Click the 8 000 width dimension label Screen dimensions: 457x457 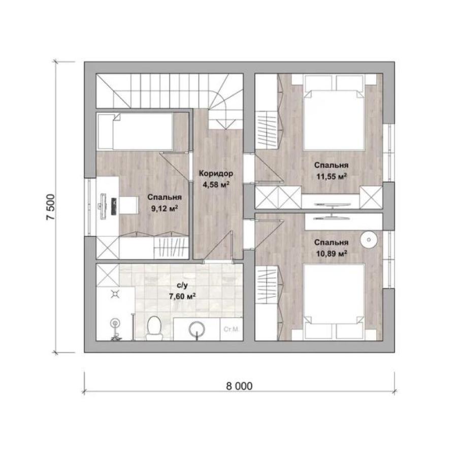[x=239, y=386]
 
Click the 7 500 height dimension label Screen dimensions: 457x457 [x=50, y=207]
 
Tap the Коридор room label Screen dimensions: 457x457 [x=216, y=174]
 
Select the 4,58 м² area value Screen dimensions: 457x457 [x=216, y=185]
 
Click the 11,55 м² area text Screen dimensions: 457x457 [x=332, y=176]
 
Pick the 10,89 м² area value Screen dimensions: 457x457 [x=332, y=253]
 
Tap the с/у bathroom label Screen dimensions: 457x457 [x=182, y=285]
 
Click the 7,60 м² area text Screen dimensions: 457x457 [x=182, y=297]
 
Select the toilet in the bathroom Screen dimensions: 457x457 [x=154, y=329]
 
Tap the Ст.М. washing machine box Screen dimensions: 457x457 [x=232, y=330]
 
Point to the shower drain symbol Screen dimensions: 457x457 [x=115, y=294]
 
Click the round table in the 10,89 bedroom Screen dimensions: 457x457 [x=369, y=240]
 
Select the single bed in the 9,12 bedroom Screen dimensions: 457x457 [x=135, y=132]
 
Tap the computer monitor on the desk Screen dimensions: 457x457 [x=103, y=206]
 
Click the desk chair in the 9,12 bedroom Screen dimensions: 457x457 [x=128, y=206]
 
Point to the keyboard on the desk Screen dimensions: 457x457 [x=114, y=206]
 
